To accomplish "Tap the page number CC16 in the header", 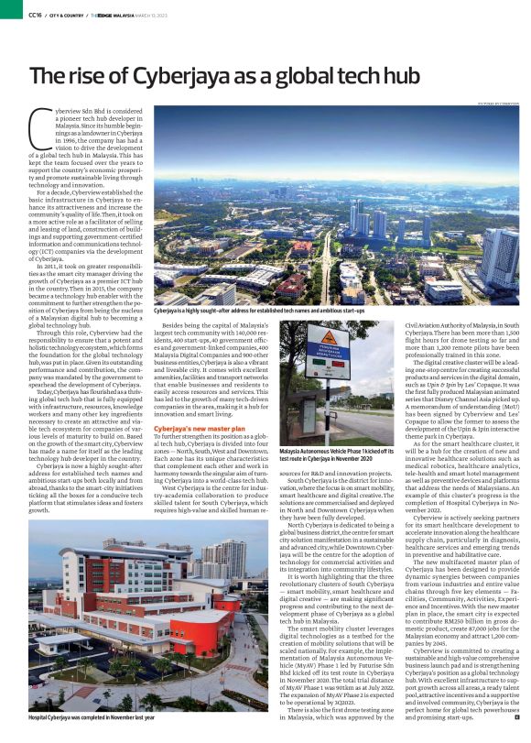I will tap(35, 15).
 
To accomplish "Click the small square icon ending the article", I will tap(516, 728).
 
